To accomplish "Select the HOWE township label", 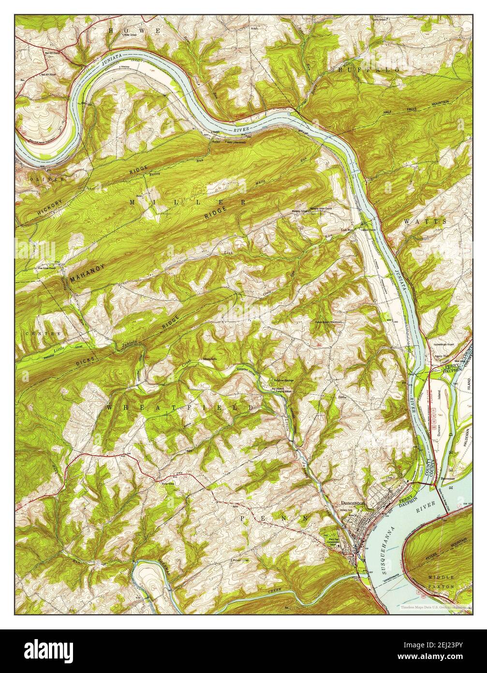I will click(x=134, y=31).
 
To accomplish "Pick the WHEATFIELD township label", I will click(x=180, y=408).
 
